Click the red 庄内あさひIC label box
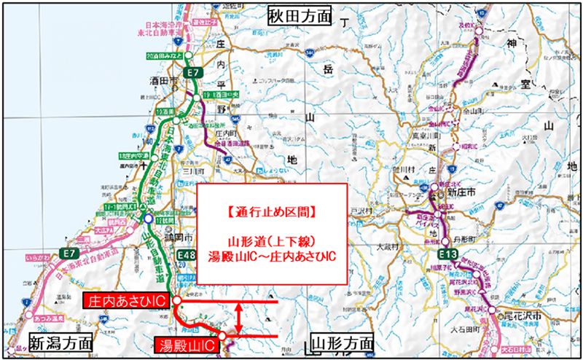[x=127, y=300]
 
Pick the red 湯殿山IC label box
[x=188, y=342]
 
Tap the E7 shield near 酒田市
[x=193, y=74]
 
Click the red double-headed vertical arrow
[x=238, y=318]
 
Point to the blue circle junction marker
[x=149, y=218]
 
